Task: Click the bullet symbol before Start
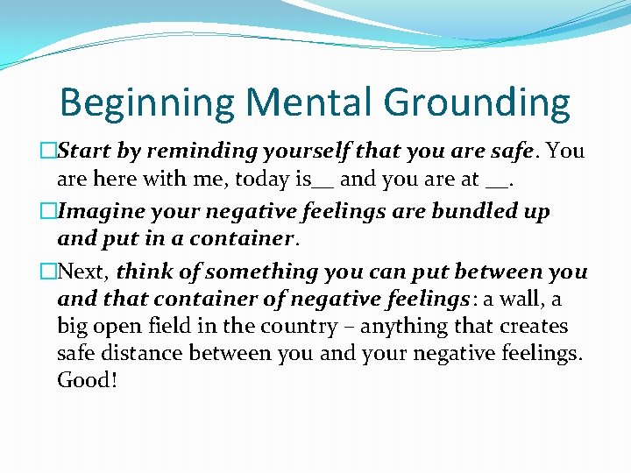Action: [49, 152]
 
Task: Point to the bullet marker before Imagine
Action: [49, 212]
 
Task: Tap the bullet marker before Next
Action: [49, 272]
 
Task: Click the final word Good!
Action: [87, 381]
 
